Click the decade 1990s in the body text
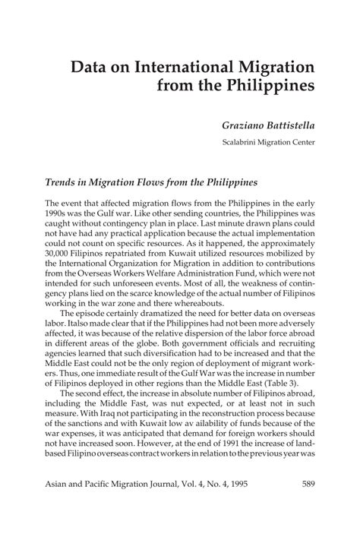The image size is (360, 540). pyautogui.click(x=59, y=217)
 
